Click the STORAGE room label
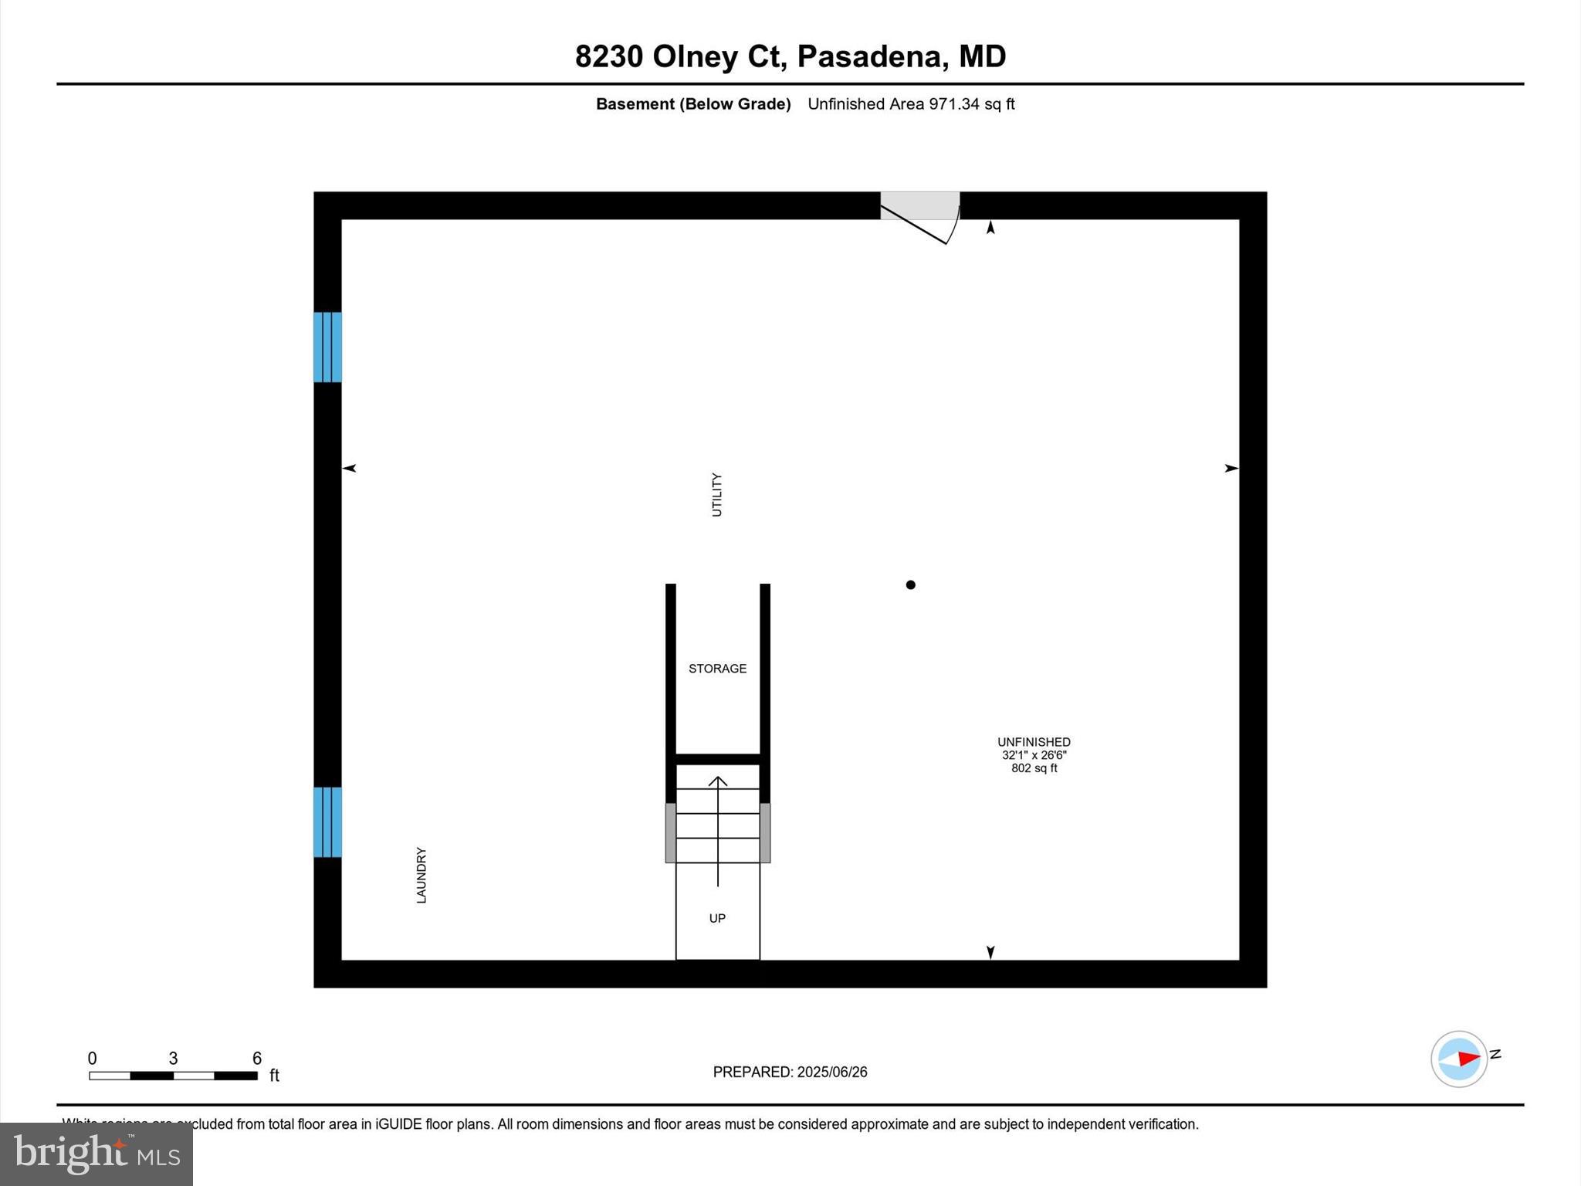pos(717,669)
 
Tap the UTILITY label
pos(716,495)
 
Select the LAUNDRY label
pos(421,875)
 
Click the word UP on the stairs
pos(717,918)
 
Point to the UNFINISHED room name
pos(1034,742)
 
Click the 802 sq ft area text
pos(1034,768)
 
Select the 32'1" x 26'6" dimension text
pos(1034,755)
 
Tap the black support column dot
pos(911,585)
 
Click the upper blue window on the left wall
pos(327,347)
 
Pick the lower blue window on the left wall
pos(327,822)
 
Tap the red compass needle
pos(1468,1058)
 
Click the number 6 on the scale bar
pos(257,1059)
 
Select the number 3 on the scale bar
pos(173,1059)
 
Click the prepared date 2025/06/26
pos(831,1072)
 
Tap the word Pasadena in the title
pos(868,56)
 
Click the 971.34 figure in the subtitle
pos(954,104)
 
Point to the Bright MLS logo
pos(96,1154)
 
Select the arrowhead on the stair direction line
pos(718,781)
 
